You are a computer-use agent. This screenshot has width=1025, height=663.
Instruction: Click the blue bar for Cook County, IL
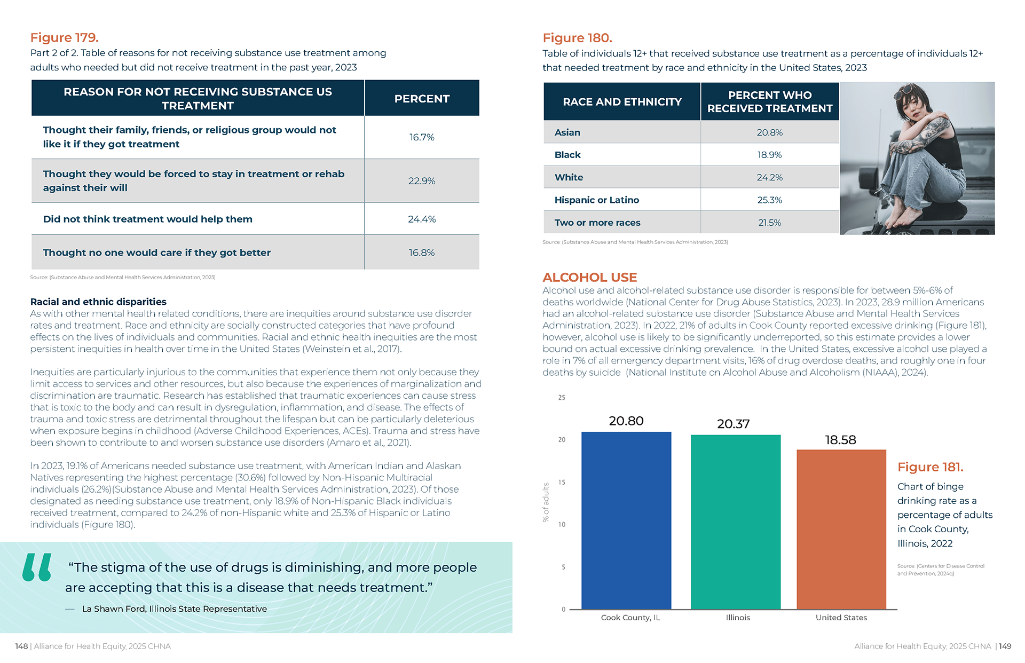pos(626,520)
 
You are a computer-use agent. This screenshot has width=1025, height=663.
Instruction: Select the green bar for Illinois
pos(735,522)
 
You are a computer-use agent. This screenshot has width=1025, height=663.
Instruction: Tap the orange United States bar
pos(841,529)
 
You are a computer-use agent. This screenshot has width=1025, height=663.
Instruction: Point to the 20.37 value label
pos(733,424)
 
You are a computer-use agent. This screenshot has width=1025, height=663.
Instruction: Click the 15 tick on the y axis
pos(562,482)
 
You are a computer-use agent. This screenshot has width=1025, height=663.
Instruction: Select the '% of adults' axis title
pos(546,502)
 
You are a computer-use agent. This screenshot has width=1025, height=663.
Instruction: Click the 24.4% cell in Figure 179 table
pos(422,219)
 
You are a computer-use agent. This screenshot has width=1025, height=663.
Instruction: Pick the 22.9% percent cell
pos(422,181)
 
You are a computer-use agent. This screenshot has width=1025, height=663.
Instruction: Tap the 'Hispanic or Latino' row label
pos(596,200)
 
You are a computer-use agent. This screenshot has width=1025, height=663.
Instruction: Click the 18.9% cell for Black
pos(769,155)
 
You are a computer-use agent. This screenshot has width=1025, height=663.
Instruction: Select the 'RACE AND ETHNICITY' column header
pos(622,101)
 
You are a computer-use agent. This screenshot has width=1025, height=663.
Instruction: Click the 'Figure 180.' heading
pos(577,38)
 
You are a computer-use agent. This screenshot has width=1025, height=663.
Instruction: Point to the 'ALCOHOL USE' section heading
pos(589,277)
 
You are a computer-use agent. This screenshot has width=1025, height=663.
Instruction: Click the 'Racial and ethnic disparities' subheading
pos(98,302)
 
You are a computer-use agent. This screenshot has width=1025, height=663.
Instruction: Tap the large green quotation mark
pos(37,567)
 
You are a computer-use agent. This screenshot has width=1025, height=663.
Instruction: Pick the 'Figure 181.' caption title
pos(930,467)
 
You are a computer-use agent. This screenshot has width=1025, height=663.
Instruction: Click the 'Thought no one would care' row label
pos(156,252)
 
